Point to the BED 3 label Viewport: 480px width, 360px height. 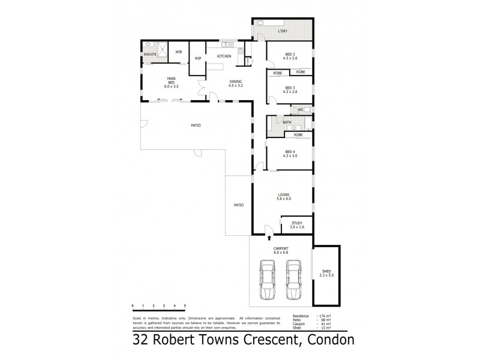(x=289, y=90)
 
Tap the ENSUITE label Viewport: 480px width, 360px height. (x=150, y=55)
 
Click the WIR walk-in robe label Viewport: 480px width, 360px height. (x=178, y=52)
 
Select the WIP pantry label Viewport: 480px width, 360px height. (x=197, y=58)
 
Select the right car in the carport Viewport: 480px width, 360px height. (x=294, y=281)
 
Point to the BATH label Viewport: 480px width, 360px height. (x=287, y=122)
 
